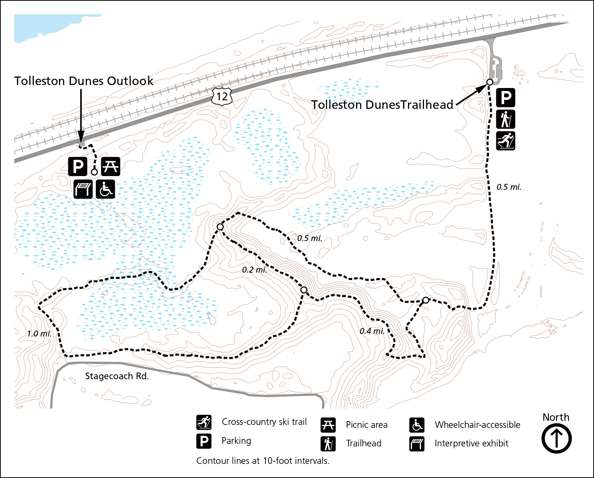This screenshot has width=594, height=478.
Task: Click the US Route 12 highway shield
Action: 222,97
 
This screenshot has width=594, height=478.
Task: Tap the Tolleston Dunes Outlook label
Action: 84,81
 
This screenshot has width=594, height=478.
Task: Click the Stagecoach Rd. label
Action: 117,376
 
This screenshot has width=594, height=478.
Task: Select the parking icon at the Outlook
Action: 78,166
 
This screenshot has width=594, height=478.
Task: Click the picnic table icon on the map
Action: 111,166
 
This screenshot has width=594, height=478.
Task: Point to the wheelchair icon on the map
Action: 105,189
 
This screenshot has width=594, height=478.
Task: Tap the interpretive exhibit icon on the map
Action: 83,189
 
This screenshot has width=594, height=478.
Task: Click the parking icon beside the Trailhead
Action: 506,98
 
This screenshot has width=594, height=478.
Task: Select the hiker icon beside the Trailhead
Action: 506,120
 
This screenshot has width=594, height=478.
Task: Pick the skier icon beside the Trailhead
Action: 506,141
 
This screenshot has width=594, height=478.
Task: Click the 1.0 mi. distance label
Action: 39,334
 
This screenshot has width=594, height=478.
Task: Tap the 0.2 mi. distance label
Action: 254,270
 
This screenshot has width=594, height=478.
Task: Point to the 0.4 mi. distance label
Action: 372,331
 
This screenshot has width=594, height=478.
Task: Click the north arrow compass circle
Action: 556,438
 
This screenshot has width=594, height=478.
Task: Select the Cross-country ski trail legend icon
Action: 204,422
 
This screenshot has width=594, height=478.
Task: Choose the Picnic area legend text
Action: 366,425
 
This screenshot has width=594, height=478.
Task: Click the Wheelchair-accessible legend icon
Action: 417,425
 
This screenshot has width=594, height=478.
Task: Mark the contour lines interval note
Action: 263,461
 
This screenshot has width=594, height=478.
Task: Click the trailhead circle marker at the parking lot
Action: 490,82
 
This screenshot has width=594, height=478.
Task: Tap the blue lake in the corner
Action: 41,26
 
